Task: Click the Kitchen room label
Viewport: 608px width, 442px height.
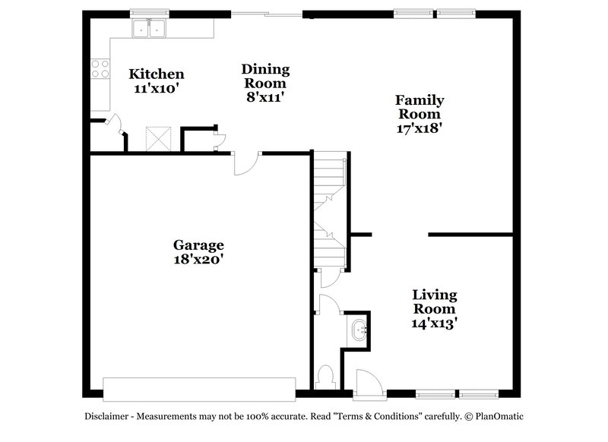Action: pyautogui.click(x=156, y=74)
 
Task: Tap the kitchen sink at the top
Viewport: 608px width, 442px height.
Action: pyautogui.click(x=150, y=29)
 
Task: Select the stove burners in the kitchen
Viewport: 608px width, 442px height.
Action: pyautogui.click(x=100, y=68)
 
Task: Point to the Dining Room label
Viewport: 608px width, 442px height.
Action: pyautogui.click(x=264, y=76)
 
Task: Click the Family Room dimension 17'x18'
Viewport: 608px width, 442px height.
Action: pyautogui.click(x=420, y=128)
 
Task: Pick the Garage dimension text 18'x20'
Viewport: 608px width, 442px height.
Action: pyautogui.click(x=198, y=259)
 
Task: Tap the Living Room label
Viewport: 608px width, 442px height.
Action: pyautogui.click(x=434, y=302)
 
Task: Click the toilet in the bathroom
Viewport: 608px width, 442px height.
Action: pyautogui.click(x=326, y=376)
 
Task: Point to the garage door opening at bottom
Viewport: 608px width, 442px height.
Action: pyautogui.click(x=200, y=388)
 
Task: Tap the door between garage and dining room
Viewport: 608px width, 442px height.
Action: pyautogui.click(x=247, y=163)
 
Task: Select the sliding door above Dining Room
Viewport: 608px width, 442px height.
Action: pyautogui.click(x=267, y=14)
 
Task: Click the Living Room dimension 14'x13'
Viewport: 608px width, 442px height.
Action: pyautogui.click(x=435, y=323)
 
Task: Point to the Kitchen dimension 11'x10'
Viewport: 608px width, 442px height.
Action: pyautogui.click(x=156, y=88)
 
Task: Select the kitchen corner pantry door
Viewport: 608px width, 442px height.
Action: pyautogui.click(x=115, y=125)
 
